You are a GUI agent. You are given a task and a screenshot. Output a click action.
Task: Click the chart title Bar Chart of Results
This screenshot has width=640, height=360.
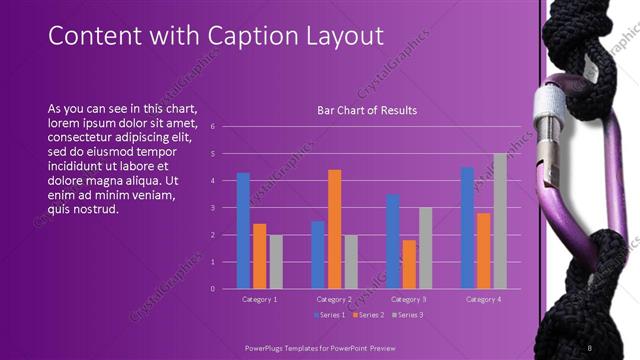(367, 110)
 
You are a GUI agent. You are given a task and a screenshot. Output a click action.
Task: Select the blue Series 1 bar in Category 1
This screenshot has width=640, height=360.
(243, 231)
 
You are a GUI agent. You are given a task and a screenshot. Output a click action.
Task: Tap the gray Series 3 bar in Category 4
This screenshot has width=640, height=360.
(500, 221)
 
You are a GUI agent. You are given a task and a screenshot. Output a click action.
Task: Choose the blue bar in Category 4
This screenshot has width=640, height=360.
(467, 228)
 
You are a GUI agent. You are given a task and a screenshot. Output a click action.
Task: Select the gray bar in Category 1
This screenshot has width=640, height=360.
(275, 262)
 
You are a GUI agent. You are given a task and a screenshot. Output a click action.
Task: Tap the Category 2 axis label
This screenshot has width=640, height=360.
(334, 299)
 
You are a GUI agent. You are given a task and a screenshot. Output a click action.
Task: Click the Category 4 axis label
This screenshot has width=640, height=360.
(484, 299)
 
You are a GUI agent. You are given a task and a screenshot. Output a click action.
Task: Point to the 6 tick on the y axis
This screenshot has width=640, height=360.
(213, 127)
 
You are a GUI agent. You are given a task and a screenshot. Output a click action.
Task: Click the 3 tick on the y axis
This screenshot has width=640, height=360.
(213, 208)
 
